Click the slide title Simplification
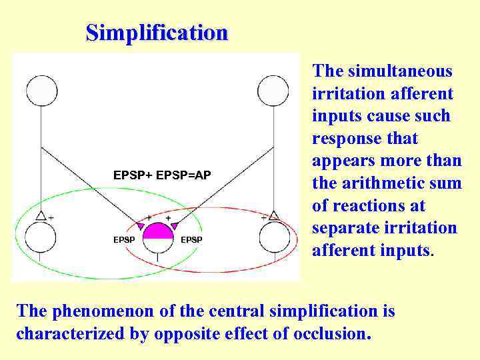(x=157, y=32)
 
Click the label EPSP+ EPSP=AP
(x=162, y=175)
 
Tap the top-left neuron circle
(x=41, y=91)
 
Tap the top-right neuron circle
(x=273, y=91)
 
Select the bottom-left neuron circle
(x=40, y=237)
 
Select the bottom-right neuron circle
(x=274, y=237)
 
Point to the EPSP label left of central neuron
(x=124, y=239)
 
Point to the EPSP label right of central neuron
(x=192, y=239)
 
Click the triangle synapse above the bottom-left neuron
(x=41, y=216)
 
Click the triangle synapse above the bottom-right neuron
(x=273, y=216)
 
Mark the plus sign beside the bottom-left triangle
(x=51, y=217)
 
